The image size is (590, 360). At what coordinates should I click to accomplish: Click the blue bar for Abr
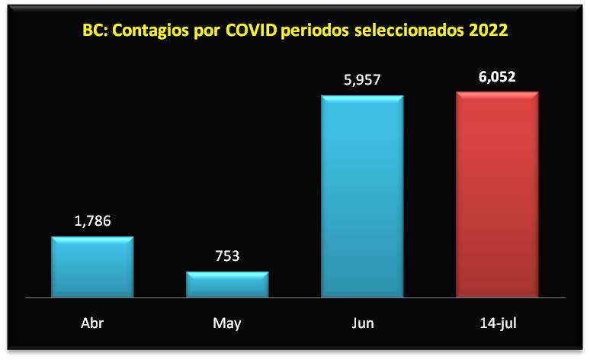coord(92,266)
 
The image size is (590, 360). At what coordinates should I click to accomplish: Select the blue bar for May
coord(227,284)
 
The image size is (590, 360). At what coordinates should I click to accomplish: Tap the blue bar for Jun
coord(362,195)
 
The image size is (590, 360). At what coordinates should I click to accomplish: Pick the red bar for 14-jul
coord(497,194)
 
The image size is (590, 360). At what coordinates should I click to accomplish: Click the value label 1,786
coord(92,222)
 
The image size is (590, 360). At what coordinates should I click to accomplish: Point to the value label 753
coord(227,256)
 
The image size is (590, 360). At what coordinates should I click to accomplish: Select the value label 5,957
coord(362,79)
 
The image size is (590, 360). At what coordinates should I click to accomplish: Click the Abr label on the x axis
coord(92,323)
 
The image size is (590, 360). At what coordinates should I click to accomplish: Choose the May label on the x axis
coord(227,323)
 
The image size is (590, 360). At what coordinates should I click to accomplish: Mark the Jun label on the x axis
coord(362,323)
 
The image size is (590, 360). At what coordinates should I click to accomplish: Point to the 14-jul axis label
coord(497,323)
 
